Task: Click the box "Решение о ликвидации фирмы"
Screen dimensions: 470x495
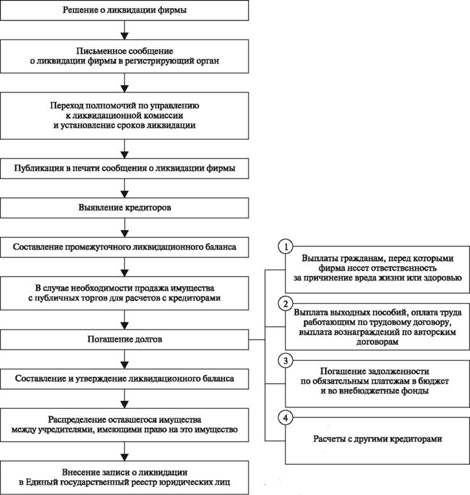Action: [125, 10]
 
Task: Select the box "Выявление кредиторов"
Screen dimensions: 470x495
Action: [125, 208]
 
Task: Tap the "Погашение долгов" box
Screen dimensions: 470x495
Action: [125, 339]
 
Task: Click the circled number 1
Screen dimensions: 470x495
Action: [285, 247]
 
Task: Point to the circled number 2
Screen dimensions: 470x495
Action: [285, 303]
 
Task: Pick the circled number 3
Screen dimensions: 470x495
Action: [285, 361]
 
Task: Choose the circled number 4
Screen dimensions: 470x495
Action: [285, 418]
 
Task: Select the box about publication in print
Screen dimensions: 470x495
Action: [125, 168]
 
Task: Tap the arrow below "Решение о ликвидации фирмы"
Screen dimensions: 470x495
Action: [125, 30]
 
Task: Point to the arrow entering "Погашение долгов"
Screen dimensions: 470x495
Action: [125, 320]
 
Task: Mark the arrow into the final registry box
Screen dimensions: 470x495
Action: [125, 451]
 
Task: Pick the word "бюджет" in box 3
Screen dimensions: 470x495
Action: [436, 381]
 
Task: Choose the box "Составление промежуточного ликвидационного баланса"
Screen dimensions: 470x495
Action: [125, 247]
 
